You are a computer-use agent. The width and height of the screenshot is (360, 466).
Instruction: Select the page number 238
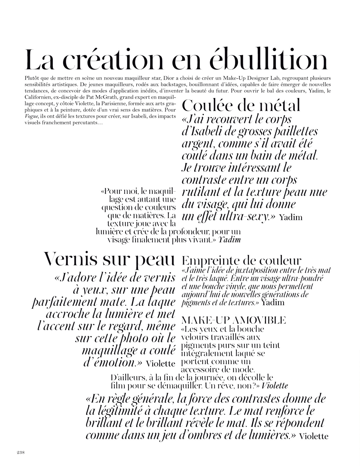click(x=21, y=452)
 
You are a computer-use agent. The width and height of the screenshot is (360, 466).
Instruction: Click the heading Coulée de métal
click(x=241, y=105)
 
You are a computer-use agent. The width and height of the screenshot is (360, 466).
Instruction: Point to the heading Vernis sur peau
click(x=109, y=259)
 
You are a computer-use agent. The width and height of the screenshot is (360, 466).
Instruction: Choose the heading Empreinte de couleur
click(x=242, y=261)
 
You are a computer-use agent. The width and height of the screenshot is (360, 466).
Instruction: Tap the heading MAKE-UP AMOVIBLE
click(x=234, y=320)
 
